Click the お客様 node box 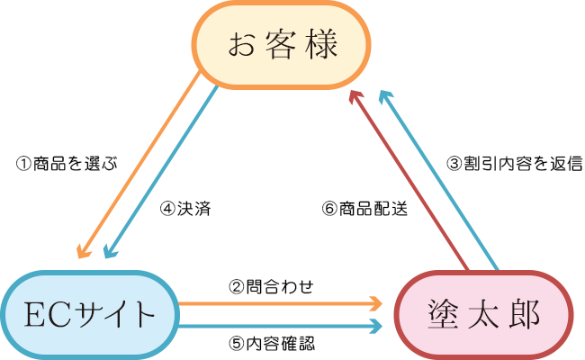point(278,45)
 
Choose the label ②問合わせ point(271,286)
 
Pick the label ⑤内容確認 point(271,343)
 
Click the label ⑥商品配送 point(364,209)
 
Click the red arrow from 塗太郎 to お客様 point(409,180)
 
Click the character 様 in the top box point(326,45)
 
